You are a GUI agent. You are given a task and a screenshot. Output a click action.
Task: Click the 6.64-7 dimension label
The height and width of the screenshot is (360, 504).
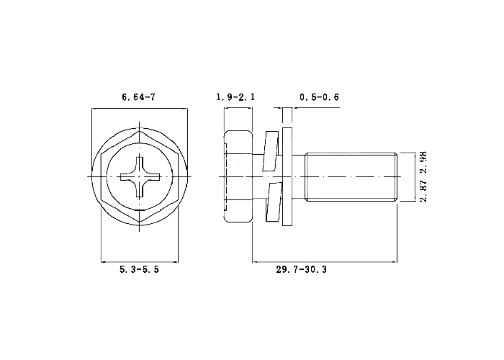point(138,96)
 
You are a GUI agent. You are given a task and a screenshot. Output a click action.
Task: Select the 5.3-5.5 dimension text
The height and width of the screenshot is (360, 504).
point(139,269)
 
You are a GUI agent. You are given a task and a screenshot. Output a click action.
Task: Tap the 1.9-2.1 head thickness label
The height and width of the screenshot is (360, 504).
point(235,96)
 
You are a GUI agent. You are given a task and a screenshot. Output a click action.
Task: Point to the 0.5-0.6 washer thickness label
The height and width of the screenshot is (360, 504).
point(319,96)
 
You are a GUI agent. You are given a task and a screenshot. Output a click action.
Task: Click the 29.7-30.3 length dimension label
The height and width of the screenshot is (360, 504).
point(301,269)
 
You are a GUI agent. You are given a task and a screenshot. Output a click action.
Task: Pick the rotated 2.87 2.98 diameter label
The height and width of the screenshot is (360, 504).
point(423,176)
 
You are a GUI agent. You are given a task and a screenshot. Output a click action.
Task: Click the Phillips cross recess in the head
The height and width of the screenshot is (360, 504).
point(140,177)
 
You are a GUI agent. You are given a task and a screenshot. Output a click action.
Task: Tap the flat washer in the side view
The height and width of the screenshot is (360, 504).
point(287,176)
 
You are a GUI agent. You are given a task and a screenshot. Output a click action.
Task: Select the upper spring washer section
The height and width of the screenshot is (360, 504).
point(271,150)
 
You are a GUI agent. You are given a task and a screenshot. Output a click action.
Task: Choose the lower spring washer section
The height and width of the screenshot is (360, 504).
point(274,202)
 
